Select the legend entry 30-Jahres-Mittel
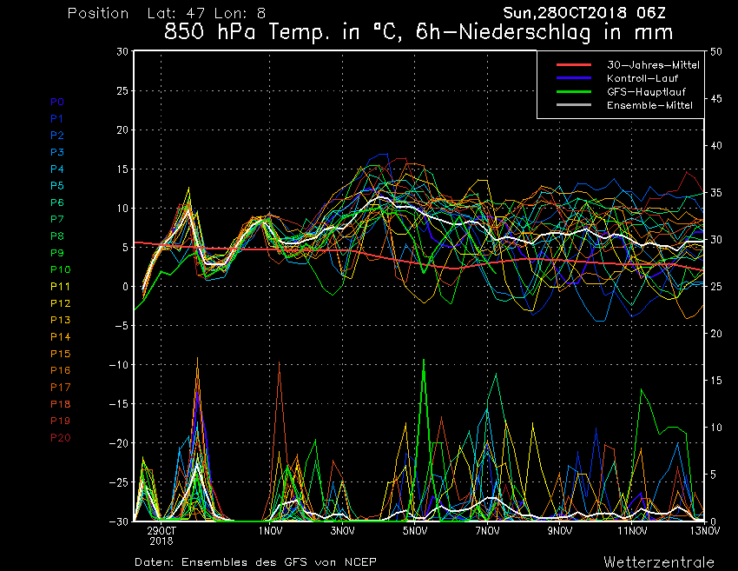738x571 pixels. click(x=653, y=65)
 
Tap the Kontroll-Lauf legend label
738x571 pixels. click(x=642, y=78)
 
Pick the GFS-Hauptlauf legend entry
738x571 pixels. click(x=646, y=91)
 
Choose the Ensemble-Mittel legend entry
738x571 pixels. click(x=649, y=105)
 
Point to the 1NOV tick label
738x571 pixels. click(x=270, y=531)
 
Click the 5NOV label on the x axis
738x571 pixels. click(x=415, y=531)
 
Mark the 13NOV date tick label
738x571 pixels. click(x=705, y=531)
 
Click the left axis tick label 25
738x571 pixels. click(x=122, y=90)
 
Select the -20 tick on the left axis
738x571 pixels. click(x=118, y=443)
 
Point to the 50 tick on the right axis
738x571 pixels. click(x=716, y=51)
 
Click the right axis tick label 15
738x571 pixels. click(x=716, y=380)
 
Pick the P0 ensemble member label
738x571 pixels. click(x=57, y=102)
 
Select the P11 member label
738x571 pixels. click(x=60, y=287)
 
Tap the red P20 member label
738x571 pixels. click(x=60, y=438)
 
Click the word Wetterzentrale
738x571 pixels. click(x=659, y=562)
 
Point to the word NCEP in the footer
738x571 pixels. click(x=360, y=562)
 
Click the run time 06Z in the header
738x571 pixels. click(x=651, y=13)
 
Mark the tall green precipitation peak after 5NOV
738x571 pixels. click(x=424, y=360)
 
